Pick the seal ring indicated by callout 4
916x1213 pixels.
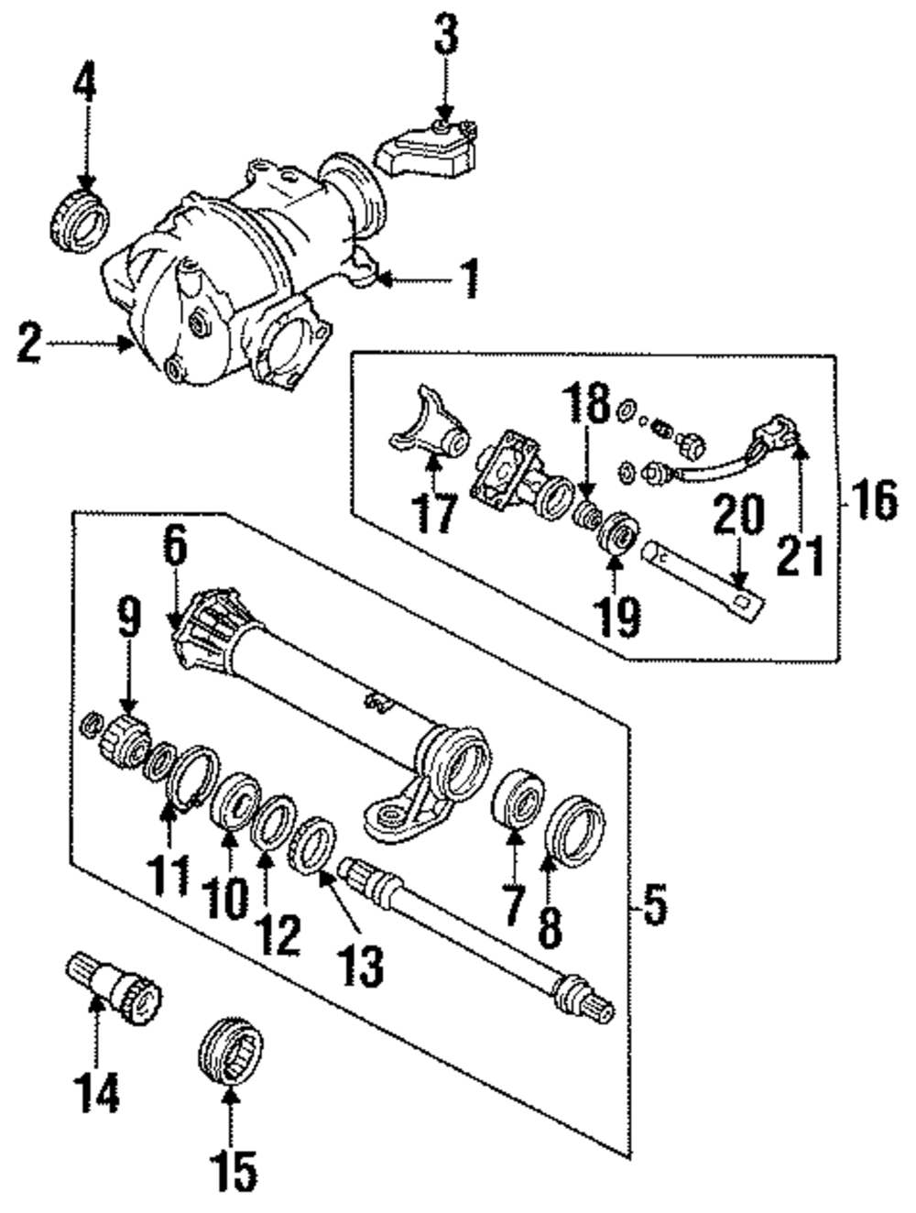click(x=79, y=220)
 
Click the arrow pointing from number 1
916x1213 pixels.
click(x=412, y=279)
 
